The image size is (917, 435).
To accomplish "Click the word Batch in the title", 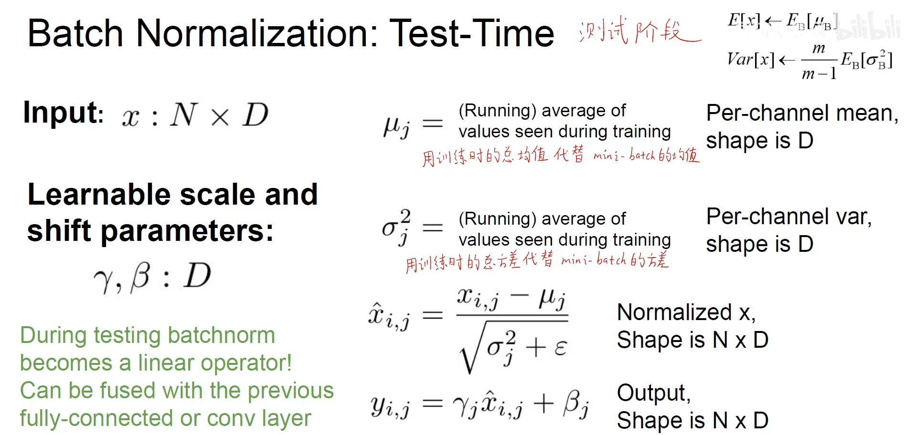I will click(x=75, y=33).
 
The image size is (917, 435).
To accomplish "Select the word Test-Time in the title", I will click(x=472, y=33).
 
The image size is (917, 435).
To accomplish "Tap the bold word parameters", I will click(x=187, y=231).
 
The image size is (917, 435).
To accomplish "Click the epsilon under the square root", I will click(x=561, y=348).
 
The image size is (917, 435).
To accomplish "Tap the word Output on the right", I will click(x=653, y=394).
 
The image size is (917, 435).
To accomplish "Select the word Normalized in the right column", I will click(x=674, y=312).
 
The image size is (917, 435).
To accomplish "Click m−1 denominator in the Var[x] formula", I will click(x=819, y=74).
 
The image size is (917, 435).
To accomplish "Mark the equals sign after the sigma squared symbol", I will click(x=433, y=228).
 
